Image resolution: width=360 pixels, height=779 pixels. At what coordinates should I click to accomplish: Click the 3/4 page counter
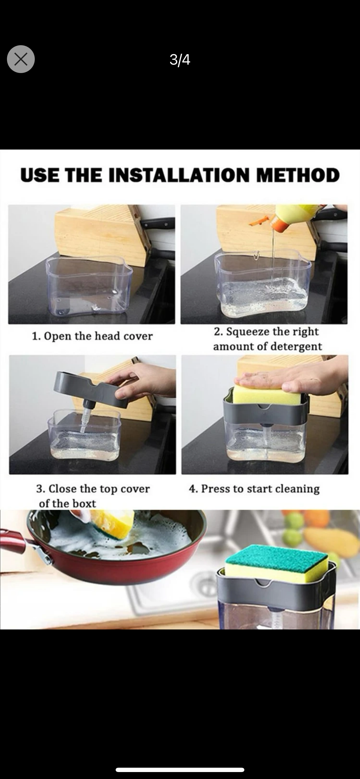coord(180,60)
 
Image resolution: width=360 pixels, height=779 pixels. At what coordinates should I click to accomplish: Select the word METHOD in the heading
coord(298,175)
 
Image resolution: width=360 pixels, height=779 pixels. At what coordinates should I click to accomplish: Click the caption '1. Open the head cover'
coord(92,336)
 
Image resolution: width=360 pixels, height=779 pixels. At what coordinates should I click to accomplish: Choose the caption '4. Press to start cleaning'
coord(254,489)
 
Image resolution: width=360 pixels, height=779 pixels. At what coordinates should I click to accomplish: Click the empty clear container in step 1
coord(89,285)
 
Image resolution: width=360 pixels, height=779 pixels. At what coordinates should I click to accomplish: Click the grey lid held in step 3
coord(91,389)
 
